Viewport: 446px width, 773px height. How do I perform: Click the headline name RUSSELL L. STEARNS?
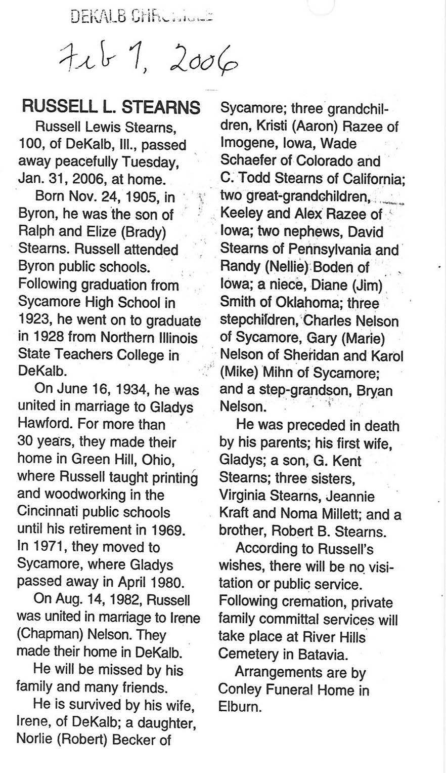[x=111, y=107]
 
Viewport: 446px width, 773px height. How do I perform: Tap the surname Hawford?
[x=49, y=424]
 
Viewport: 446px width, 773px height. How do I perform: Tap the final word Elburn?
[x=240, y=707]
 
